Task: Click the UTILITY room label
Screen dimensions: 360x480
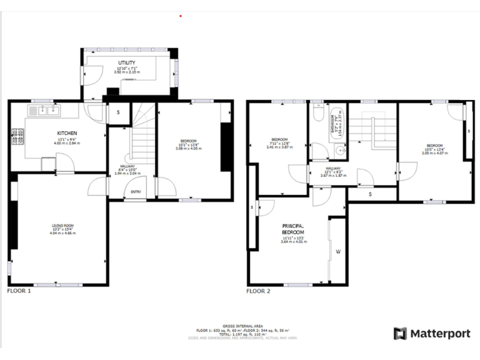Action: (x=127, y=63)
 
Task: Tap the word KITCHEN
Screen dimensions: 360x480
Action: (x=67, y=133)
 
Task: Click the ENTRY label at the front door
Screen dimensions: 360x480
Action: (x=136, y=192)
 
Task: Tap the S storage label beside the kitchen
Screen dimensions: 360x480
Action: (x=119, y=113)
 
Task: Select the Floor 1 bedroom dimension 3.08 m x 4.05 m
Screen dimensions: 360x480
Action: (x=188, y=149)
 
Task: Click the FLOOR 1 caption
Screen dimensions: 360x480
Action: (x=19, y=291)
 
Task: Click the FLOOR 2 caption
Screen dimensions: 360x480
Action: (x=259, y=291)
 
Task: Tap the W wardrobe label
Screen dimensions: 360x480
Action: (x=337, y=252)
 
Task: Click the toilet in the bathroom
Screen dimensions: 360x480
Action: (x=317, y=117)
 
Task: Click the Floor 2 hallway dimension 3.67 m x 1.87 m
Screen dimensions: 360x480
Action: (x=332, y=176)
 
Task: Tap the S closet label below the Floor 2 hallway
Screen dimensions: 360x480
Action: (x=371, y=194)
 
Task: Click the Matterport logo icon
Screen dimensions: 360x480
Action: (x=400, y=334)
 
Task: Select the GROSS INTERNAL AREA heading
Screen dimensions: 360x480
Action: (x=239, y=326)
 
